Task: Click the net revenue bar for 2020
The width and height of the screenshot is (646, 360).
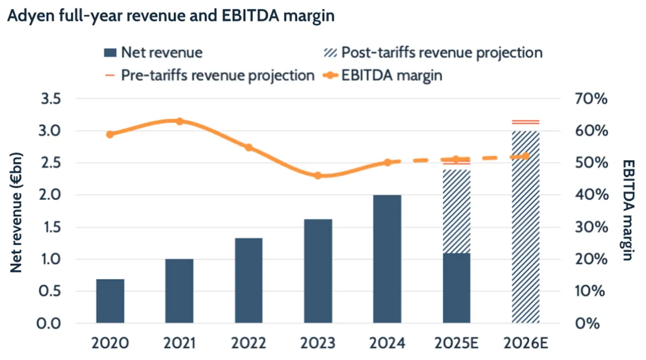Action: point(110,301)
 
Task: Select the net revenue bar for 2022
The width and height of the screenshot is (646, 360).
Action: point(248,281)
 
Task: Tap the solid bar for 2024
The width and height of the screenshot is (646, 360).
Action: point(387,259)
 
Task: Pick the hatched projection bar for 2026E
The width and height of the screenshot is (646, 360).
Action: point(526,227)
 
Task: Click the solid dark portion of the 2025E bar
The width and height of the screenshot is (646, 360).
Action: point(456,288)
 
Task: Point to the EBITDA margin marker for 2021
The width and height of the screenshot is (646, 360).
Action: point(180,121)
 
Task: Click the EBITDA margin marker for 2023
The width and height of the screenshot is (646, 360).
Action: point(318,175)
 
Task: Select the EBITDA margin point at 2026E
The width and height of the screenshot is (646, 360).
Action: point(526,156)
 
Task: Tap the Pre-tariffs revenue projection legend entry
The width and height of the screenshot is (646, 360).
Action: point(210,76)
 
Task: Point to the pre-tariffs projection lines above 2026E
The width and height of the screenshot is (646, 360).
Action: point(526,122)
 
